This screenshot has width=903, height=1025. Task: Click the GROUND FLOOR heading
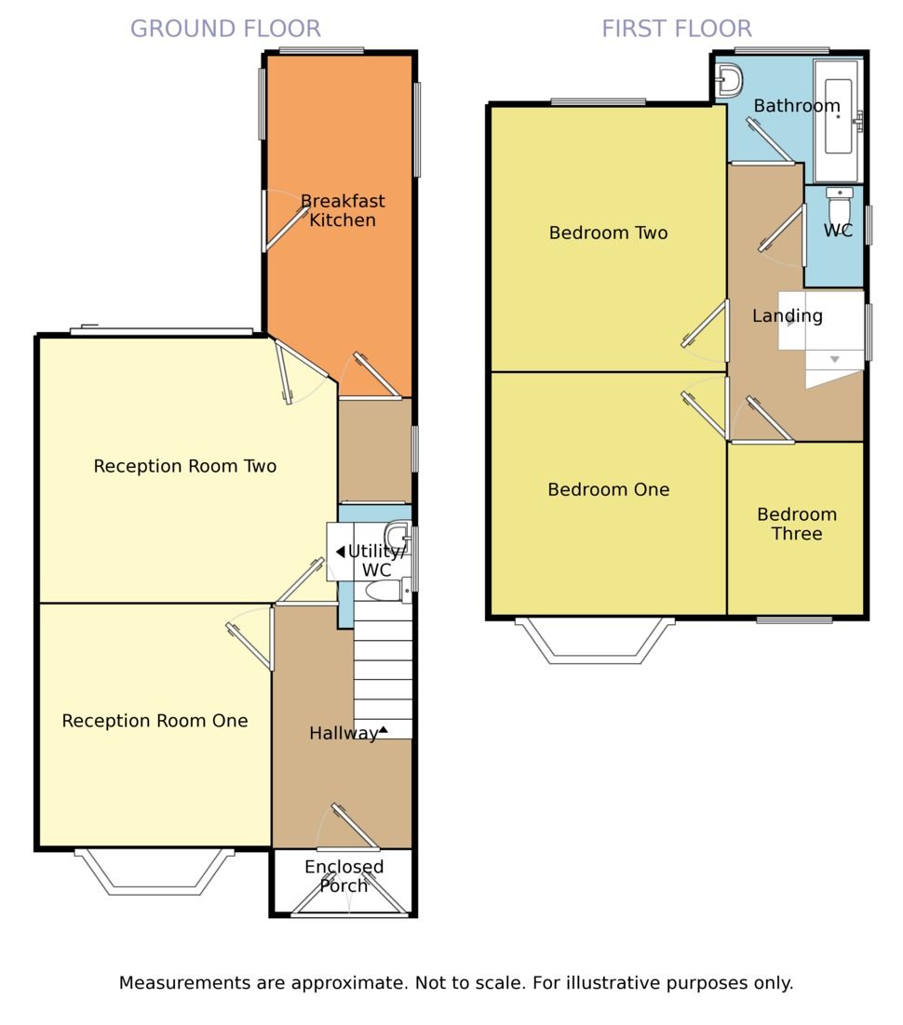[225, 29]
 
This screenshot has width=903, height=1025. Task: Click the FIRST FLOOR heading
[677, 29]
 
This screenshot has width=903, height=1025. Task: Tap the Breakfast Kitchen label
[343, 210]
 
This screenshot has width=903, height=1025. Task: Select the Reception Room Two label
[185, 466]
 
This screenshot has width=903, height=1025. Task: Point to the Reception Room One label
[155, 720]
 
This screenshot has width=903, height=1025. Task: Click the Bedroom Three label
[796, 524]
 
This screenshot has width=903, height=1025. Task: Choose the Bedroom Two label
[609, 233]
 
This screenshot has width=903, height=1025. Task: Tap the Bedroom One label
[609, 489]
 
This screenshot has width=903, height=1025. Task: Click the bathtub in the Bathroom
[838, 121]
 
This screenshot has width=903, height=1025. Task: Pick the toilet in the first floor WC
[839, 206]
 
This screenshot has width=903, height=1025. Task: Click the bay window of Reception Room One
[155, 872]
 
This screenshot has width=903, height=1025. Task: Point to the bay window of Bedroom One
[595, 641]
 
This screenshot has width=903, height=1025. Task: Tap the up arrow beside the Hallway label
[383, 729]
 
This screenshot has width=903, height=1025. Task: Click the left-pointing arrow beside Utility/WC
[341, 552]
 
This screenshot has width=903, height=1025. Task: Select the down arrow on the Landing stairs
[834, 360]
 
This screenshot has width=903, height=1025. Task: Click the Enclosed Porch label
[344, 876]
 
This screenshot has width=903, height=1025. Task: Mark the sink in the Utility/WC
[397, 536]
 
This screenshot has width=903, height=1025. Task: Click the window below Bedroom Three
[794, 619]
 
